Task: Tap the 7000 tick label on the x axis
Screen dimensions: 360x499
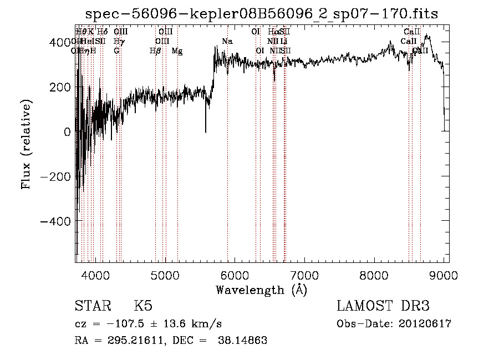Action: pos(304,274)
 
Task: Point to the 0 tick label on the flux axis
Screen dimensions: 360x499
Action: pos(67,132)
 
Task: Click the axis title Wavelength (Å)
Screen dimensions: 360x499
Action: pos(261,290)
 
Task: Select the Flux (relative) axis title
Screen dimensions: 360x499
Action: pos(26,144)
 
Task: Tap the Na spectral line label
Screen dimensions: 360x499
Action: pos(227,42)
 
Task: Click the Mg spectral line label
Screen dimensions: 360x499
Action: pos(177,51)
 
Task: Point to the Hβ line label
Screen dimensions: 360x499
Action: pos(155,51)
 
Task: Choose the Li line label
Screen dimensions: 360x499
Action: pos(283,42)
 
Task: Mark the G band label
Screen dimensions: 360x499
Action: pos(116,51)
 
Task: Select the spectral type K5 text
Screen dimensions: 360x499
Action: pos(143,306)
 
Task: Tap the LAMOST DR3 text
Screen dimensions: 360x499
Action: pos(383,306)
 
